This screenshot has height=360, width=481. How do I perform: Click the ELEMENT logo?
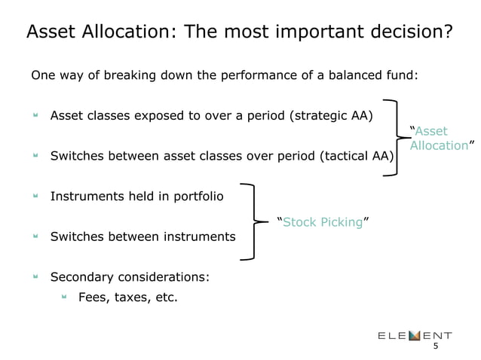pyautogui.click(x=415, y=334)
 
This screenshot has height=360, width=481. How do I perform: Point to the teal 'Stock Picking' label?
pyautogui.click(x=321, y=222)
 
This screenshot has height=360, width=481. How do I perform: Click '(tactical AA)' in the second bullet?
pyautogui.click(x=354, y=157)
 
